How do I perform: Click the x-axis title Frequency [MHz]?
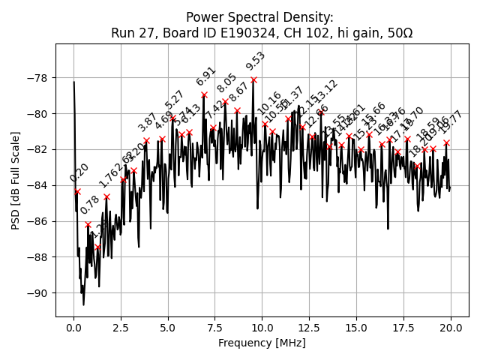[x=262, y=343]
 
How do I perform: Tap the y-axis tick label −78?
[x=35, y=78]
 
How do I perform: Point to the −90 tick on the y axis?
[x=35, y=292]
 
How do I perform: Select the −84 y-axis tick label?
[x=35, y=185]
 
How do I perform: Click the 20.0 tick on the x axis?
[x=451, y=328]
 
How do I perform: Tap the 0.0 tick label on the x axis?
[x=73, y=328]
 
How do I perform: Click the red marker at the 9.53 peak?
[x=253, y=79]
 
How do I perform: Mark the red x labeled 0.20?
[x=77, y=191]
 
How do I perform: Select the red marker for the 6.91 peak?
[x=204, y=95]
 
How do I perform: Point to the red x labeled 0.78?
[x=88, y=224]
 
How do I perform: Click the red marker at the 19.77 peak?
[x=446, y=142]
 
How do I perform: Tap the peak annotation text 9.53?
[x=256, y=61]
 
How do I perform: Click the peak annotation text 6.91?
[x=206, y=76]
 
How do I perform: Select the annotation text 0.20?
[x=79, y=172]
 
